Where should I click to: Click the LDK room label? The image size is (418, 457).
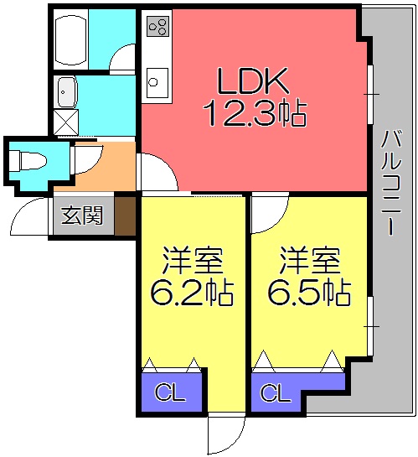point(253,81)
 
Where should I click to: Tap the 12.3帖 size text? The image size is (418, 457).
point(253,112)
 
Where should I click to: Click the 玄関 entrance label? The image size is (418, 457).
point(83,216)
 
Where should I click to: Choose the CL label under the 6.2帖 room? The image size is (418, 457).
point(171,392)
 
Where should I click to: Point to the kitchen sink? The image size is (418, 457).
point(156,81)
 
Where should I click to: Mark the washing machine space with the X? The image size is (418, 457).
point(65,122)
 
